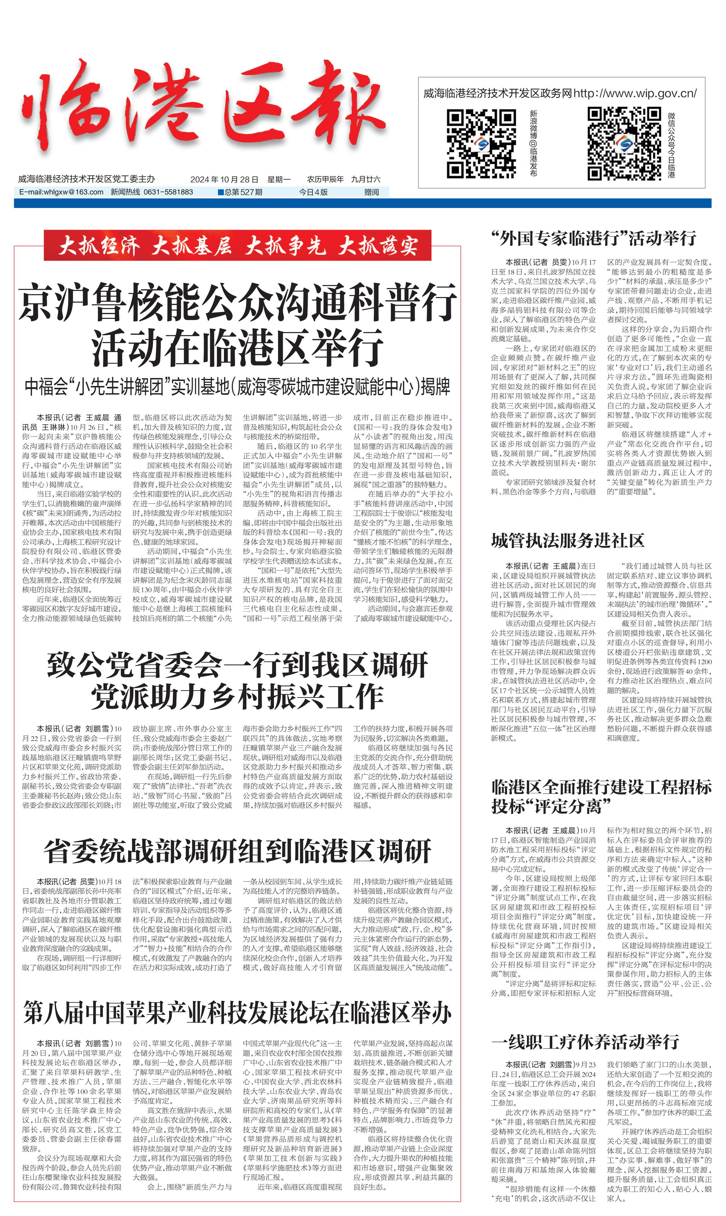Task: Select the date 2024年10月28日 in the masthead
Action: (x=224, y=179)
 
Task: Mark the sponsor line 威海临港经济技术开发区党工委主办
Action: (x=87, y=179)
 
